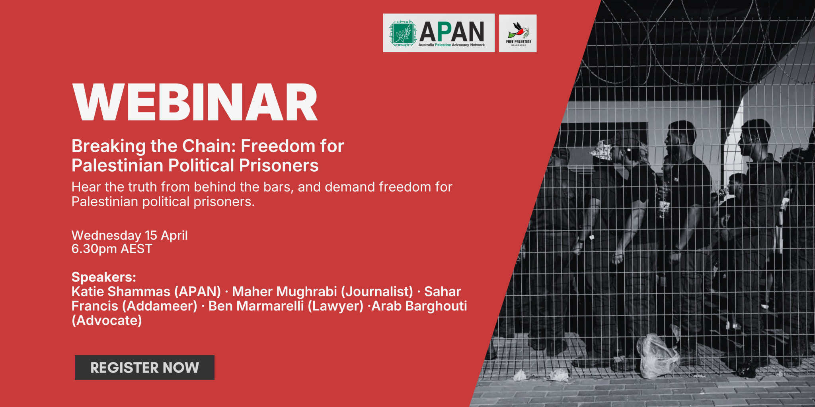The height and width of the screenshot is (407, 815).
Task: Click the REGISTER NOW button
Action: [x=144, y=367]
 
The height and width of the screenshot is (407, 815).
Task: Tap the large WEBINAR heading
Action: [x=195, y=103]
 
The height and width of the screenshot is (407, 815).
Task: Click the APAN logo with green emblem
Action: [x=439, y=33]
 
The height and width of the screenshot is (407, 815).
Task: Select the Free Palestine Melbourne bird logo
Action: [x=518, y=33]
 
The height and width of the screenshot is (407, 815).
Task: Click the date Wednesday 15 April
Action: [x=129, y=235]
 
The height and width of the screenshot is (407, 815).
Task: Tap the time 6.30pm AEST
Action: [x=112, y=249]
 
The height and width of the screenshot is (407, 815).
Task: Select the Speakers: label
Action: [x=104, y=277]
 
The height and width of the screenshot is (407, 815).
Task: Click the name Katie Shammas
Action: [x=121, y=291]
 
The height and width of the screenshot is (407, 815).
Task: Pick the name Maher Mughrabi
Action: [x=285, y=291]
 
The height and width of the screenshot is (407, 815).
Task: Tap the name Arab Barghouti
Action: [x=419, y=306]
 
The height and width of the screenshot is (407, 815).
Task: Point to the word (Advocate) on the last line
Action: [x=107, y=321]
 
